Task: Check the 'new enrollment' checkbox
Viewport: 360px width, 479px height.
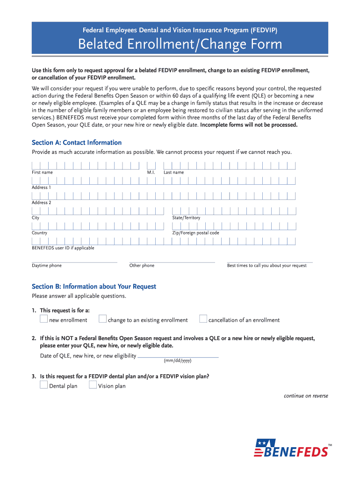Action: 43,319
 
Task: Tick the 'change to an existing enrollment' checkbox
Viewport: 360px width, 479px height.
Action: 103,319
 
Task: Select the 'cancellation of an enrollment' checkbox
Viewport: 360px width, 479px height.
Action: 203,319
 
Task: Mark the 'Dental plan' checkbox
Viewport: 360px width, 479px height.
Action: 43,385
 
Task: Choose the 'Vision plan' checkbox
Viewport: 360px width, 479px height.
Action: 93,385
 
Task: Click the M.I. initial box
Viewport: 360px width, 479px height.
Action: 151,166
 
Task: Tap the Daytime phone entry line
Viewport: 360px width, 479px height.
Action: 74,261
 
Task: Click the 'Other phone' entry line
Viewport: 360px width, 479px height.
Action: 172,261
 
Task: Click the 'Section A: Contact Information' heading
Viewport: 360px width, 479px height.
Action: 77,143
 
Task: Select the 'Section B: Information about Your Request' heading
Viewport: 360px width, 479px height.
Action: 94,286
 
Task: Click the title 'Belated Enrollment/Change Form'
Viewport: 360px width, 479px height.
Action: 180,44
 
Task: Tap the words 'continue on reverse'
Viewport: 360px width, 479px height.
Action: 306,396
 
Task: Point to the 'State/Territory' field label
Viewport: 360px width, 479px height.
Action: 186,218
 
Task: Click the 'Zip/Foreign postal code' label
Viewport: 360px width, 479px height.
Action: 195,233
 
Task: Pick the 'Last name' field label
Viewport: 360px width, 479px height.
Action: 173,173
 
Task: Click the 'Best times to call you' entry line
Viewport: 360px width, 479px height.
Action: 270,261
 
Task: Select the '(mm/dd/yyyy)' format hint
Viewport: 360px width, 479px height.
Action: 177,361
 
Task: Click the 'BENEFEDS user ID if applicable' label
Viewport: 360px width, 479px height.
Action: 63,248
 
